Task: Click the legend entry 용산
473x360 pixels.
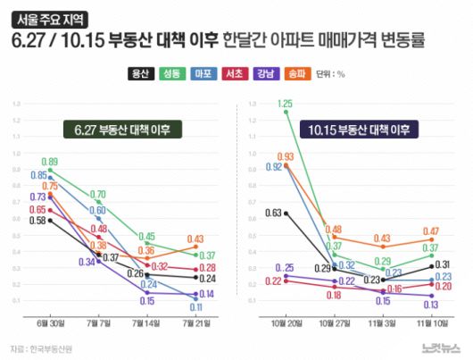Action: (139, 75)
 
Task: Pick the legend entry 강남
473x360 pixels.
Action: (265, 75)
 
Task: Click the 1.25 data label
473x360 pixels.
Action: (286, 104)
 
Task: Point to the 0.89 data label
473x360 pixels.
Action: (49, 161)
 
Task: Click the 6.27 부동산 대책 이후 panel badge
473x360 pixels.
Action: (122, 130)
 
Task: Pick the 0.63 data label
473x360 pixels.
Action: (273, 213)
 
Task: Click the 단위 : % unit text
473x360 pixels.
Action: (330, 75)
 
